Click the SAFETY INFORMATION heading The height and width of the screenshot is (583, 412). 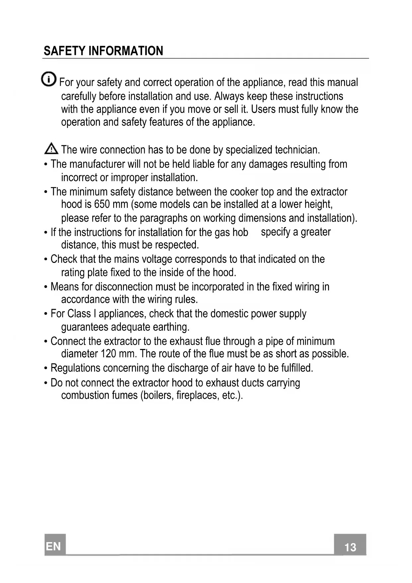pyautogui.click(x=103, y=51)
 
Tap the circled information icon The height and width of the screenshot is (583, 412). pyautogui.click(x=48, y=79)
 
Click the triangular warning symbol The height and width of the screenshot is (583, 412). pyautogui.click(x=51, y=148)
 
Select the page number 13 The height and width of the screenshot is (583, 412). pyautogui.click(x=350, y=547)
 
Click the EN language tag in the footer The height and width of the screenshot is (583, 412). pyautogui.click(x=54, y=546)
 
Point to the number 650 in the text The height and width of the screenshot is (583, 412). pyautogui.click(x=102, y=204)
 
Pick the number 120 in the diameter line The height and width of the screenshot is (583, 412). pyautogui.click(x=108, y=354)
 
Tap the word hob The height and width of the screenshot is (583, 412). pyautogui.click(x=240, y=232)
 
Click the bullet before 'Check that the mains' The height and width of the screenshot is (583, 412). pyautogui.click(x=46, y=260)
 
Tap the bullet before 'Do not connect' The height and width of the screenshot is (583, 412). pyautogui.click(x=46, y=383)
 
